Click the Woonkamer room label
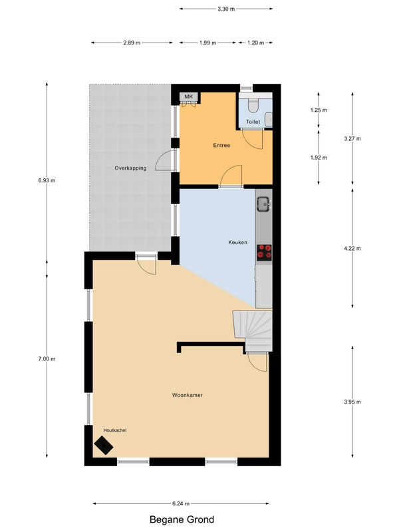pyautogui.click(x=188, y=395)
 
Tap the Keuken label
pyautogui.click(x=237, y=242)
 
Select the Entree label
pyautogui.click(x=221, y=145)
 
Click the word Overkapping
pyautogui.click(x=130, y=168)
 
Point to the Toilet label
pyautogui.click(x=253, y=122)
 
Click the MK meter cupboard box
pyautogui.click(x=189, y=96)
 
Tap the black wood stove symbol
pyautogui.click(x=104, y=446)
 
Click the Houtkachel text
pyautogui.click(x=115, y=430)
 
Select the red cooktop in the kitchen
pyautogui.click(x=264, y=253)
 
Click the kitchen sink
pyautogui.click(x=263, y=204)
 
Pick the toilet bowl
pyautogui.click(x=253, y=106)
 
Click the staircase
pyautogui.click(x=253, y=331)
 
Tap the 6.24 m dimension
pyautogui.click(x=181, y=503)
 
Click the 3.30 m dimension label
pyautogui.click(x=226, y=9)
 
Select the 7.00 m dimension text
pyautogui.click(x=47, y=359)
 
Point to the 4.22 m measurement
pyautogui.click(x=352, y=248)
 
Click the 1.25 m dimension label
pyautogui.click(x=319, y=110)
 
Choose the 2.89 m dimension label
pyautogui.click(x=132, y=43)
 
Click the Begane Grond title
pyautogui.click(x=182, y=519)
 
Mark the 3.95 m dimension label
pyautogui.click(x=352, y=402)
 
